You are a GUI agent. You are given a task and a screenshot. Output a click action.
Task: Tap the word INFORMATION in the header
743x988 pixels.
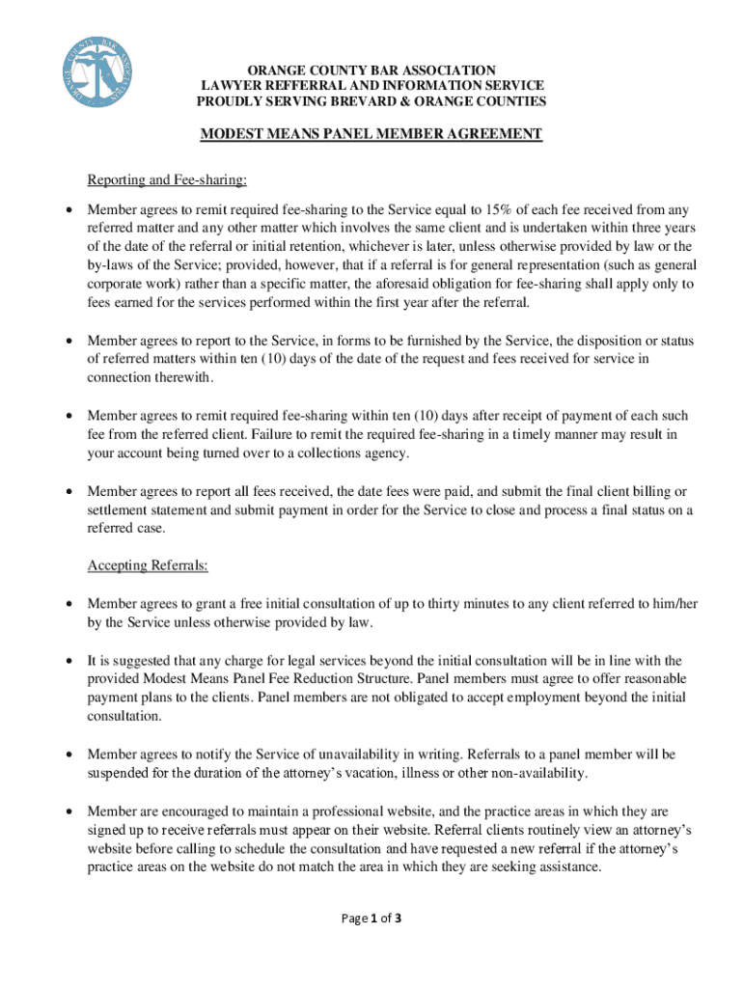(413, 86)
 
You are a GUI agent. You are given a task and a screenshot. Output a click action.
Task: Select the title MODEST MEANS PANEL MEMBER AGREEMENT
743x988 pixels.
(371, 134)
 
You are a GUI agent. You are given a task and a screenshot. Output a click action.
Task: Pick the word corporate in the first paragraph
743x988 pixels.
(114, 284)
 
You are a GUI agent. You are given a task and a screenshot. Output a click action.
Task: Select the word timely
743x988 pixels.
(534, 434)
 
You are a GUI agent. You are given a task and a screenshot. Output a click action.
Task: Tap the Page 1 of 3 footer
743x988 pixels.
(371, 919)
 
